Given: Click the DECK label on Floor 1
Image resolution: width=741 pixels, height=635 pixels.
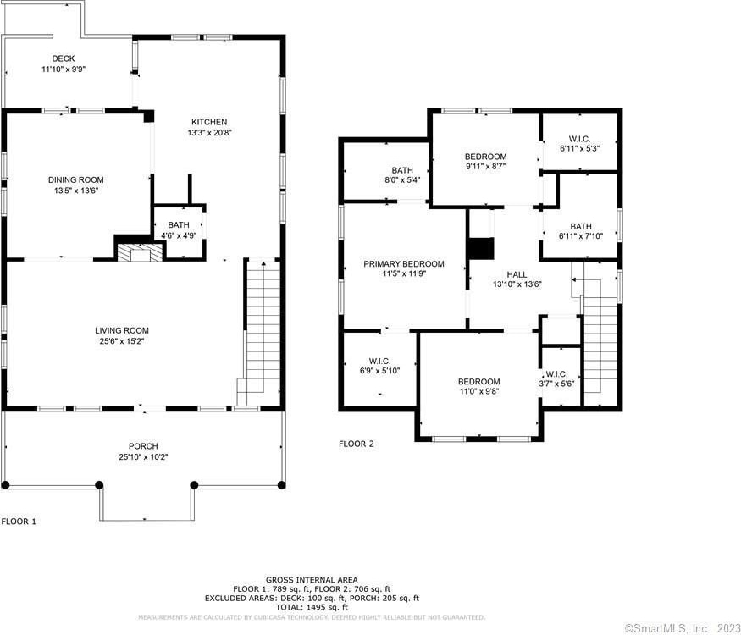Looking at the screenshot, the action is (x=64, y=58).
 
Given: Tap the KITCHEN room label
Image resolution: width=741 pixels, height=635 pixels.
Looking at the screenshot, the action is (x=209, y=122).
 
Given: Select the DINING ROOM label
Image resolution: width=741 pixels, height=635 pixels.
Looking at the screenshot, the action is (x=75, y=179).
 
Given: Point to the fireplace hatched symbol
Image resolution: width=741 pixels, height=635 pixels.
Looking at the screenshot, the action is (x=140, y=252).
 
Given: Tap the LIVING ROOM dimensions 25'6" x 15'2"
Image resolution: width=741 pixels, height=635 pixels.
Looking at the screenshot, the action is (x=121, y=341).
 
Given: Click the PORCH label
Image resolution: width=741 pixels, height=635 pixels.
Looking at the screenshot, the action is (x=143, y=446).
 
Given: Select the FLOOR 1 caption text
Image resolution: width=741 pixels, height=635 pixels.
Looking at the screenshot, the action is (x=19, y=522).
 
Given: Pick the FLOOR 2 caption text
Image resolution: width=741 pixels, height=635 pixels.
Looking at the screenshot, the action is (x=357, y=444).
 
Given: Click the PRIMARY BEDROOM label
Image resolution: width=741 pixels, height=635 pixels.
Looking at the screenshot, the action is (x=404, y=263).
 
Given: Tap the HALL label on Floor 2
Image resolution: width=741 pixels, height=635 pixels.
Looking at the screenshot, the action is (x=517, y=274).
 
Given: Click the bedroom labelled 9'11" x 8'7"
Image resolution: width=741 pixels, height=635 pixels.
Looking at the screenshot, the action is (x=486, y=161).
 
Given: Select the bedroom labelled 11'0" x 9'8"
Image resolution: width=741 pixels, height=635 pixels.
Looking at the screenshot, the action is (x=478, y=386).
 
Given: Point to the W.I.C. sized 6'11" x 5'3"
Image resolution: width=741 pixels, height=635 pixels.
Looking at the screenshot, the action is (x=579, y=143).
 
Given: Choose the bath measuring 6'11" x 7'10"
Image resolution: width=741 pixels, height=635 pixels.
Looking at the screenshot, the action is (x=580, y=230).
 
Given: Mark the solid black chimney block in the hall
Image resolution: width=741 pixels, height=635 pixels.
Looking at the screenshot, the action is (x=481, y=249).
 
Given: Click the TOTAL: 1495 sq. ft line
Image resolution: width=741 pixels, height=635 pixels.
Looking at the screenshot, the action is (x=312, y=607).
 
